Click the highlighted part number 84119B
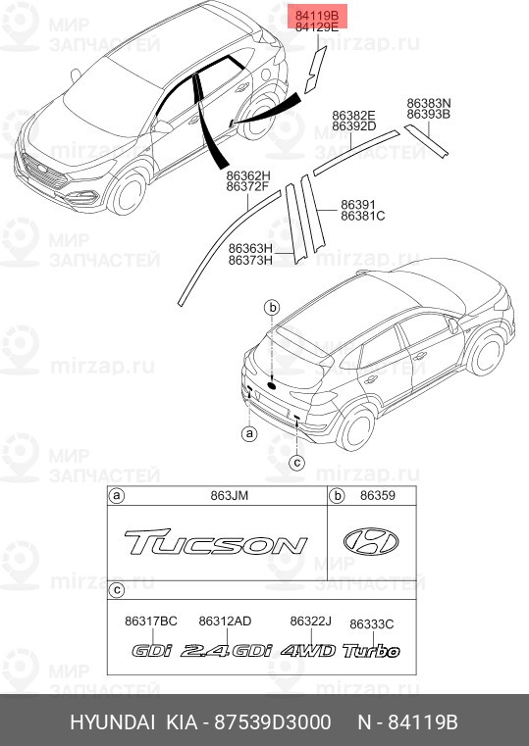click(317, 16)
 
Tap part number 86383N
click(429, 103)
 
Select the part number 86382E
click(353, 115)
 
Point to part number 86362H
click(248, 175)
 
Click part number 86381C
click(363, 216)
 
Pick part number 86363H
click(250, 248)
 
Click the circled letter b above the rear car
click(273, 308)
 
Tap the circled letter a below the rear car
click(249, 433)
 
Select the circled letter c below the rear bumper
click(296, 462)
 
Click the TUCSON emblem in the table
click(216, 542)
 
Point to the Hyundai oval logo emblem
click(371, 542)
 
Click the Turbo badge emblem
click(371, 650)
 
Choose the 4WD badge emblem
click(308, 650)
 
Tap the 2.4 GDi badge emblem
click(226, 650)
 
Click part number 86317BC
click(151, 621)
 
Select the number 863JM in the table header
click(230, 496)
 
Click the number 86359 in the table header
click(378, 495)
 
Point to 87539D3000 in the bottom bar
click(273, 722)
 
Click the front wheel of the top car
click(128, 193)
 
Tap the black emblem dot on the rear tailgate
click(272, 385)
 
